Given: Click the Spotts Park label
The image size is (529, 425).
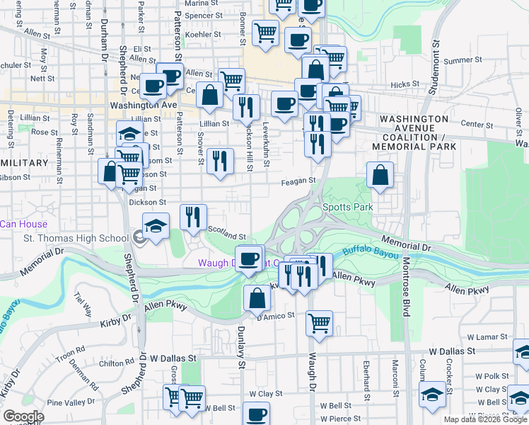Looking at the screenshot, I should coord(347,208).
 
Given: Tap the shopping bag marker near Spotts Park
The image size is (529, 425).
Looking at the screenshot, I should coord(380,175).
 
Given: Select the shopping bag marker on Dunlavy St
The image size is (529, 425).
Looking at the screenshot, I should coord(256,297).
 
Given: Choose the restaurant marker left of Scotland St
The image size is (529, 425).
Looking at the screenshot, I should coord(192,217).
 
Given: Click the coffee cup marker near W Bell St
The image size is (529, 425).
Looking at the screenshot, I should coord(255,414).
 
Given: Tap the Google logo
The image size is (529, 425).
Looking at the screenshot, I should coord(23,416).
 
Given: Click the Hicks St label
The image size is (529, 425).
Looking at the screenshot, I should coord(405,84).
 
